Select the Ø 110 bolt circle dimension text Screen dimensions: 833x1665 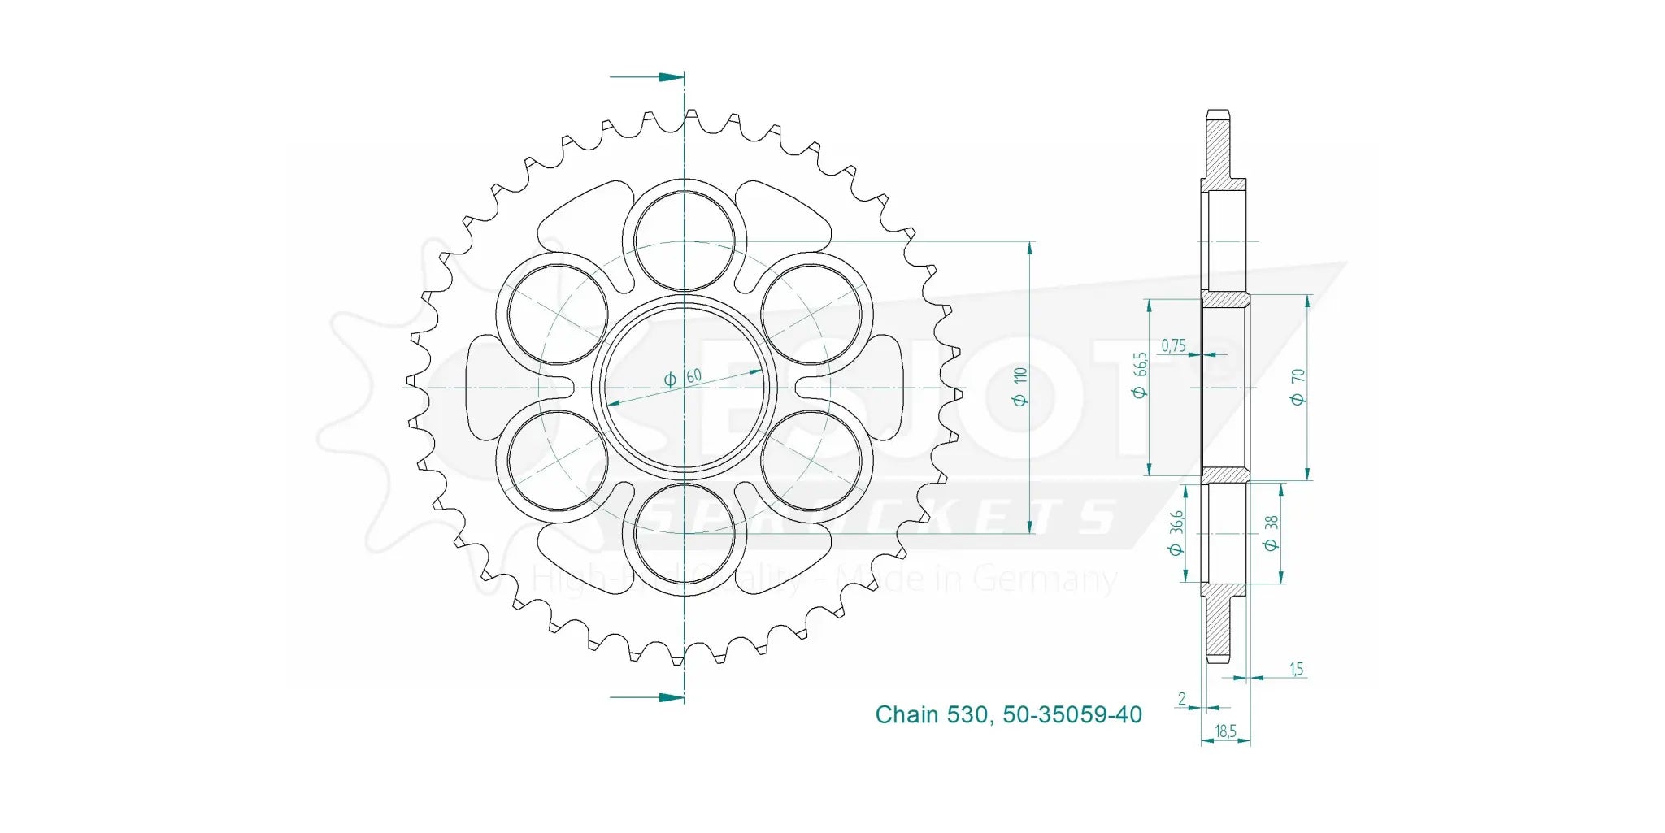coord(1019,387)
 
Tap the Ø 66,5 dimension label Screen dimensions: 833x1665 coord(1140,375)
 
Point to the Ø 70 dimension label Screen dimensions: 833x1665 coord(1298,387)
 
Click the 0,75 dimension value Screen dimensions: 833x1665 coord(1173,345)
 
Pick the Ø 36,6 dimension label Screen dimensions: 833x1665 coord(1176,533)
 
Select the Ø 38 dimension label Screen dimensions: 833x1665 coord(1272,533)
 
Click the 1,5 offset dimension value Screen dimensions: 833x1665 coord(1296,669)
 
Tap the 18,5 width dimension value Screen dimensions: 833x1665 coord(1225,731)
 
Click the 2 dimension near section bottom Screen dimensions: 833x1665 coord(1182,698)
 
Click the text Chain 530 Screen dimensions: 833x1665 coord(930,714)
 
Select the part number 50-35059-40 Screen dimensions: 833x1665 coord(1072,714)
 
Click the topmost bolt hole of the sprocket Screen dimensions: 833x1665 coord(684,241)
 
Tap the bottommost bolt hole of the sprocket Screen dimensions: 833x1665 coord(684,534)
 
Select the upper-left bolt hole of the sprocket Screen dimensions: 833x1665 coord(558,315)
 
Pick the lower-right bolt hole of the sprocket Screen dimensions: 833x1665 coord(811,461)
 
